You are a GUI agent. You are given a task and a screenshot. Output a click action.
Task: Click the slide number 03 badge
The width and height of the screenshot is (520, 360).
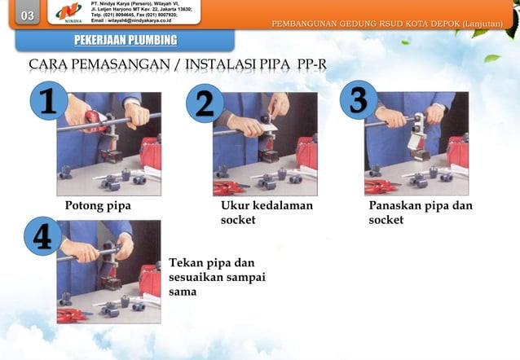[27, 16]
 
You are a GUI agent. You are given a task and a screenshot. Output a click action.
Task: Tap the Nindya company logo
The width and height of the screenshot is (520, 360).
[68, 14]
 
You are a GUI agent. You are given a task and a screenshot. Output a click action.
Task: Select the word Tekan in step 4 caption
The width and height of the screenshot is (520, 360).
[186, 263]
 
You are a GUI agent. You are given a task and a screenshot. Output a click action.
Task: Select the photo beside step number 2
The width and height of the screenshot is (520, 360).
[264, 143]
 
